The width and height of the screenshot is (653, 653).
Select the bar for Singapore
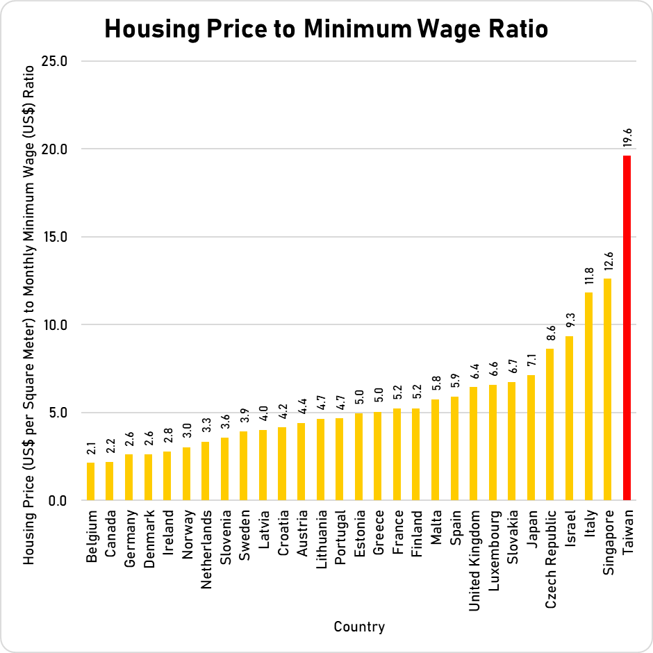pos(608,389)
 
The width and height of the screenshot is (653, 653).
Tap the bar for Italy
pos(588,396)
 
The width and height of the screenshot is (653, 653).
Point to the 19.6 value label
pos(627,136)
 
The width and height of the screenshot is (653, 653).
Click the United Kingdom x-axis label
pos(474,553)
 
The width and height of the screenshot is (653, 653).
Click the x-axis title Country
pos(359,627)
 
